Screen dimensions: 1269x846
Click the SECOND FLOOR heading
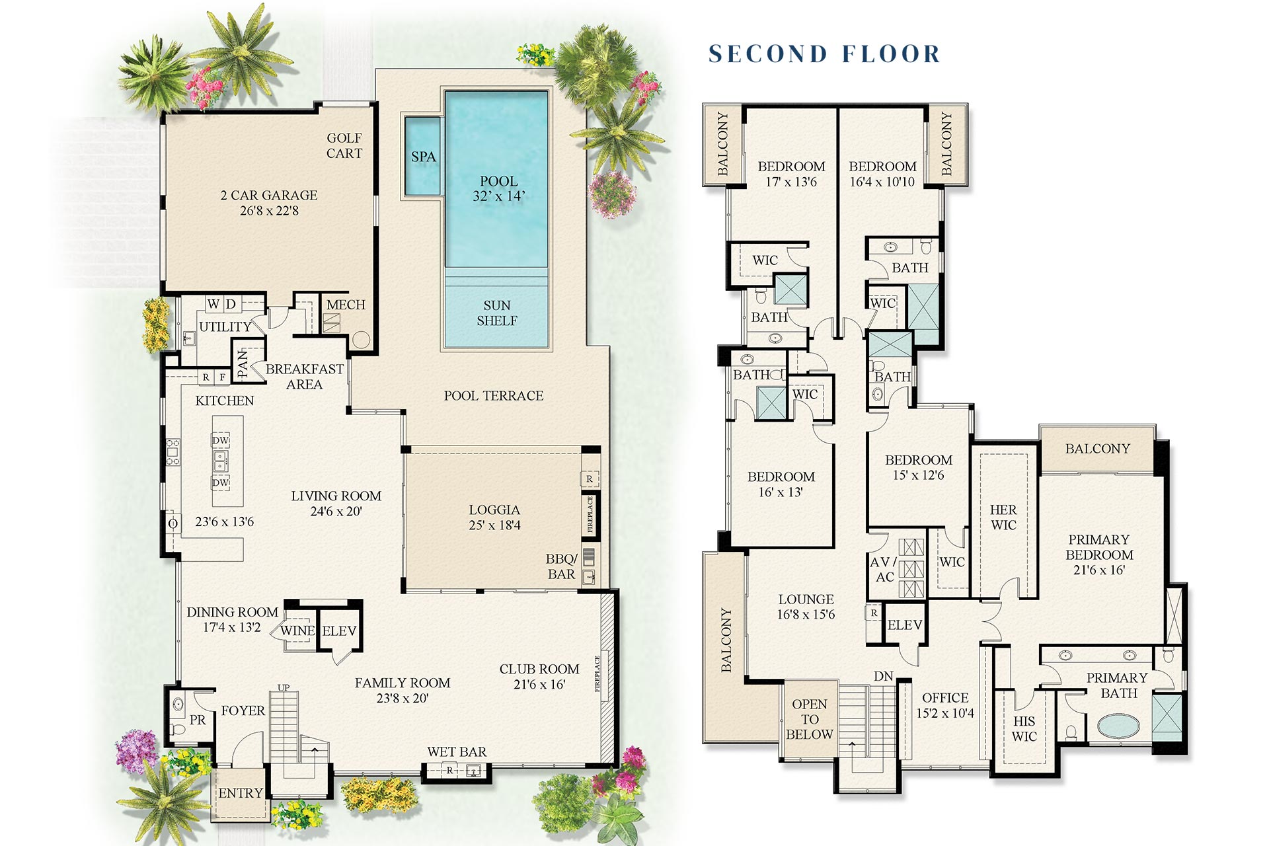pyautogui.click(x=824, y=54)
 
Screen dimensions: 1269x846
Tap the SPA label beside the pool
pyautogui.click(x=424, y=157)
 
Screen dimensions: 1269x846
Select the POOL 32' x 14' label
pyautogui.click(x=498, y=188)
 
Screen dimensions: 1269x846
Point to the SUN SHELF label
pyautogui.click(x=497, y=313)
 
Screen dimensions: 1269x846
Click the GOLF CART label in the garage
pyautogui.click(x=344, y=145)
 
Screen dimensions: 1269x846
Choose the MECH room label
pyautogui.click(x=346, y=305)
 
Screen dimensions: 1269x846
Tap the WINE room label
pyautogui.click(x=297, y=631)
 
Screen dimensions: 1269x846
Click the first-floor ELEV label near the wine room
pyautogui.click(x=339, y=631)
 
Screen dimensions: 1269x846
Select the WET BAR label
pyautogui.click(x=457, y=751)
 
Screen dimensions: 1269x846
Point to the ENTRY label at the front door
pyautogui.click(x=241, y=792)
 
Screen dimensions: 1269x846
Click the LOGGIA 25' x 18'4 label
pyautogui.click(x=494, y=518)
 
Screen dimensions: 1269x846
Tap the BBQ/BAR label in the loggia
pyautogui.click(x=562, y=566)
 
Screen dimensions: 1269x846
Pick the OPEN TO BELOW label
pyautogui.click(x=810, y=719)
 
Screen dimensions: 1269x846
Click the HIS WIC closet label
pyautogui.click(x=1024, y=728)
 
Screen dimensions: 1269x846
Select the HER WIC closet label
pyautogui.click(x=1003, y=518)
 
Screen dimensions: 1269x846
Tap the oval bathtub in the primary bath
pyautogui.click(x=1118, y=726)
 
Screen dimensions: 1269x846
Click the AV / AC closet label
pyautogui.click(x=884, y=569)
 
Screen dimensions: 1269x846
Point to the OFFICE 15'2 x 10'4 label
pyautogui.click(x=945, y=705)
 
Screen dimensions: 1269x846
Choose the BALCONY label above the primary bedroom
pyautogui.click(x=1098, y=449)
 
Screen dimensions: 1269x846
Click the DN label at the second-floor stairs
pyautogui.click(x=884, y=676)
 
